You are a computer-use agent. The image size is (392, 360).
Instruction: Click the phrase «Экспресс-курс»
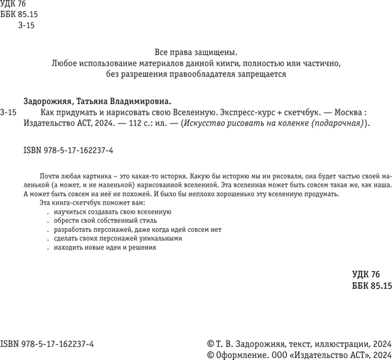(245, 112)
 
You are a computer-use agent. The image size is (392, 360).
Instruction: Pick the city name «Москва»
(340, 112)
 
